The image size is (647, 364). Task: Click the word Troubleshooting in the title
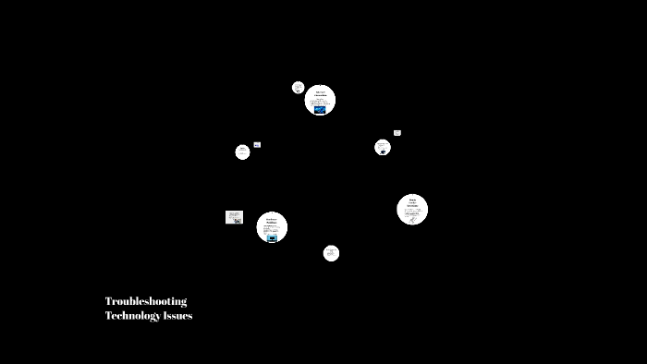146,301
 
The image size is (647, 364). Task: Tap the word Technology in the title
132,316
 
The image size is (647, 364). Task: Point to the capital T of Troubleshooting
108,301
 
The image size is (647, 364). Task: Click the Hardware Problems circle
272,227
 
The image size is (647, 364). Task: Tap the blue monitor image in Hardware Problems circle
272,237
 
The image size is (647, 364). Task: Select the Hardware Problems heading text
272,220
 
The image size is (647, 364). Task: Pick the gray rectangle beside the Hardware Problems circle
234,217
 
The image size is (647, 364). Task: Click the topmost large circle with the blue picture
320,100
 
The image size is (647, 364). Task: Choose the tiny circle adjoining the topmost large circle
299,88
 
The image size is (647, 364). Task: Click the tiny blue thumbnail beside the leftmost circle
257,145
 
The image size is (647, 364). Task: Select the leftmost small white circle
242,152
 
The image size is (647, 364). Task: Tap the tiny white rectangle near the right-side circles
397,133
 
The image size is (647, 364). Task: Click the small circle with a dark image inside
383,147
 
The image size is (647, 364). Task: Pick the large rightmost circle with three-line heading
412,210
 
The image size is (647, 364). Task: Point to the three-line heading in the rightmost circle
412,201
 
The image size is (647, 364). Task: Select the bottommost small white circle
331,253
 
